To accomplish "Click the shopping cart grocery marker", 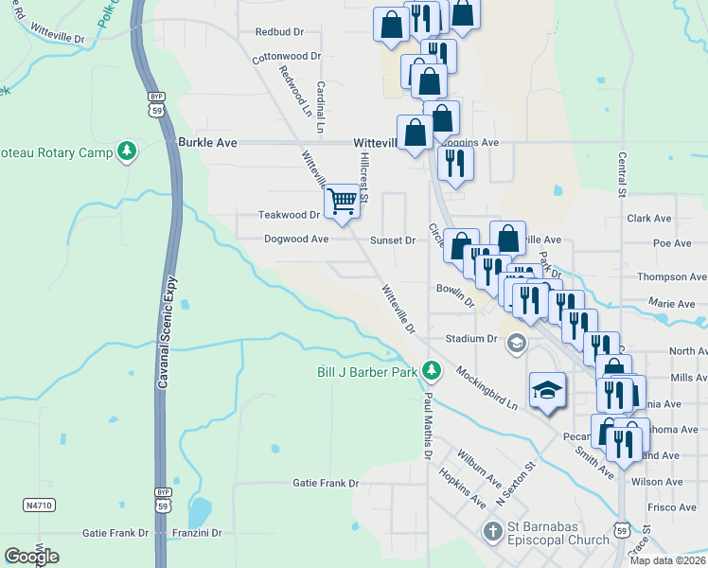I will pos(342,201).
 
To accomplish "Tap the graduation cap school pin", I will pos(548,390).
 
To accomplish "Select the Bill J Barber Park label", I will pos(367,372).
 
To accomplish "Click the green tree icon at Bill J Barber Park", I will pos(432,368).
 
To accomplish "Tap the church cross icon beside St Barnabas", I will pos(492,531).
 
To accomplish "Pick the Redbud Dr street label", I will pos(279,31).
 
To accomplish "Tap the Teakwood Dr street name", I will pos(290,215).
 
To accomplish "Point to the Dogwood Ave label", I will pos(296,240).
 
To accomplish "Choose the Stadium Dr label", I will pos(471,338).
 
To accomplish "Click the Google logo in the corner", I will pos(31,557).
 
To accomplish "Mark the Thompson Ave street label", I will pos(671,276).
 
